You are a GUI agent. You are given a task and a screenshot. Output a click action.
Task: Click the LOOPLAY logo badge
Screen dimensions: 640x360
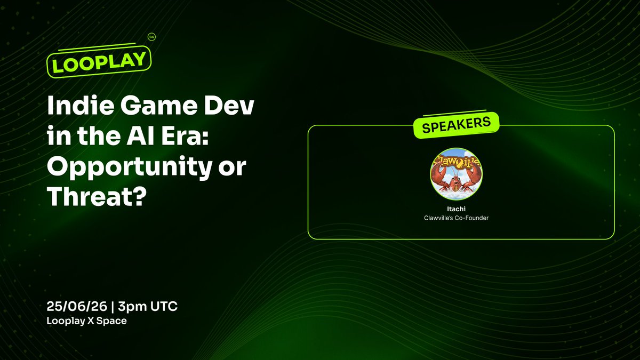pyautogui.click(x=99, y=62)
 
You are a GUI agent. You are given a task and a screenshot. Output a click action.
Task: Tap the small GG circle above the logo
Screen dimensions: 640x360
pyautogui.click(x=151, y=37)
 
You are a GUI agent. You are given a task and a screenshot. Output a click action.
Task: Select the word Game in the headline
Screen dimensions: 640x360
pyautogui.click(x=159, y=105)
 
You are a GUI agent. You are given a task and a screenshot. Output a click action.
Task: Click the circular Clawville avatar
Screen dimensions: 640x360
pyautogui.click(x=457, y=174)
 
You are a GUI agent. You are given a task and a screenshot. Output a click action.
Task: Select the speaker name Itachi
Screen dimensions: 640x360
pyautogui.click(x=457, y=209)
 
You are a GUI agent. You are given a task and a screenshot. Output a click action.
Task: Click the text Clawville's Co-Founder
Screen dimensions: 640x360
pyautogui.click(x=457, y=218)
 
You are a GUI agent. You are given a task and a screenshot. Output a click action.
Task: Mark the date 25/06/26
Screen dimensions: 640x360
pyautogui.click(x=77, y=307)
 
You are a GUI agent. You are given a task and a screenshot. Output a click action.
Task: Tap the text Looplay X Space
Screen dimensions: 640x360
pyautogui.click(x=87, y=321)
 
